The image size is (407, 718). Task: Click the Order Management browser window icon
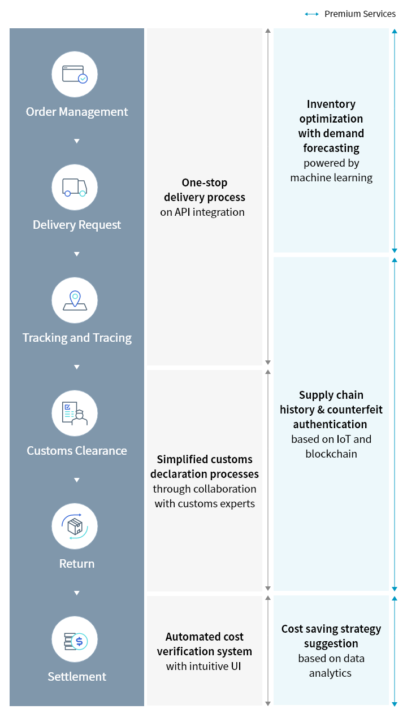tap(75, 74)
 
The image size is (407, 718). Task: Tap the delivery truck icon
tap(75, 187)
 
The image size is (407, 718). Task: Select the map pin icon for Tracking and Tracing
tap(75, 300)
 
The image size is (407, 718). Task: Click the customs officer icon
tap(75, 413)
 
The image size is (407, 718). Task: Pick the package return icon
tap(75, 526)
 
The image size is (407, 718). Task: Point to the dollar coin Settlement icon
tap(75, 640)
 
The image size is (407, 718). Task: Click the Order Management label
tap(77, 112)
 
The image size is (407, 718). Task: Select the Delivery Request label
tap(77, 225)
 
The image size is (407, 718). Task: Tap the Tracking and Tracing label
tap(77, 338)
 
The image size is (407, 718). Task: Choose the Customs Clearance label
tap(77, 451)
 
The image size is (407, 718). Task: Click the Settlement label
tap(77, 677)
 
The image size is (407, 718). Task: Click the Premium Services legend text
tap(360, 14)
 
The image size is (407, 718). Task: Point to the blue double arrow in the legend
tap(311, 14)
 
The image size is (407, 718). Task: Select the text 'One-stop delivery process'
tap(205, 190)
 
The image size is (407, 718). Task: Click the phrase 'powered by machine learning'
tap(331, 171)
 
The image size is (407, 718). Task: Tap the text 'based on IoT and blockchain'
tap(331, 446)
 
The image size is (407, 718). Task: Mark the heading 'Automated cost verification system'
tap(205, 644)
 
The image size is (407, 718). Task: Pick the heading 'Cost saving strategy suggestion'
tap(331, 636)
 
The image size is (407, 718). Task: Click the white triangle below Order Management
tap(77, 141)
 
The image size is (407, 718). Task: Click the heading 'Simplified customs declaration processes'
tap(205, 467)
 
